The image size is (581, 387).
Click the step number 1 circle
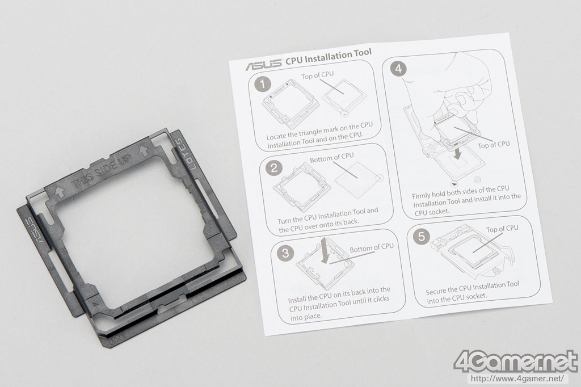263,84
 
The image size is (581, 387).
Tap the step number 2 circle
274,168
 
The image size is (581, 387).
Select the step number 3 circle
285,253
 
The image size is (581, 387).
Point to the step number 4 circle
398,69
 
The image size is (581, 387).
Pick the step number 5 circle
422,236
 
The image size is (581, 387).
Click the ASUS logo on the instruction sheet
263,65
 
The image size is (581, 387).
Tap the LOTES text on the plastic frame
185,154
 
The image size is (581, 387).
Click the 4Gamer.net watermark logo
516,360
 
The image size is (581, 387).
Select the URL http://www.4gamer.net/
517,379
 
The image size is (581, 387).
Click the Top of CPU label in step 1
317,75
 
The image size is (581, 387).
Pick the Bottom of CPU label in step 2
331,157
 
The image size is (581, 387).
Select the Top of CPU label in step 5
502,229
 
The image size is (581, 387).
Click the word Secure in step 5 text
436,291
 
